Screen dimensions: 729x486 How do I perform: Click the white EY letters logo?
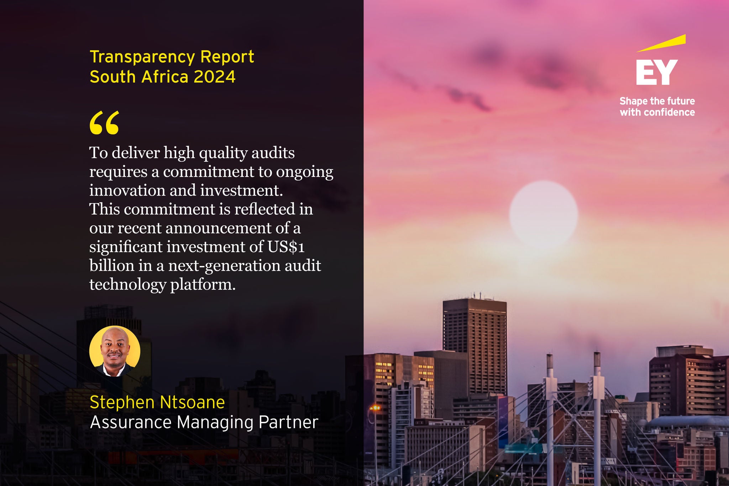point(657,72)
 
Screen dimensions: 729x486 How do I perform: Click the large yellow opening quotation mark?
point(104,122)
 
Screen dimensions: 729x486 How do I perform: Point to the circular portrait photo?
point(115,351)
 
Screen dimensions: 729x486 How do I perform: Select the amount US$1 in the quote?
point(286,247)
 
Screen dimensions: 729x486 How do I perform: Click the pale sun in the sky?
point(544,215)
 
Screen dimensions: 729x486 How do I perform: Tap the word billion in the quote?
point(111,266)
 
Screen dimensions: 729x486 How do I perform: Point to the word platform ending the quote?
point(203,285)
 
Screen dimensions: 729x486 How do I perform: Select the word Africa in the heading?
point(165,77)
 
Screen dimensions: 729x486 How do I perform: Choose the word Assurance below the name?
point(131,422)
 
